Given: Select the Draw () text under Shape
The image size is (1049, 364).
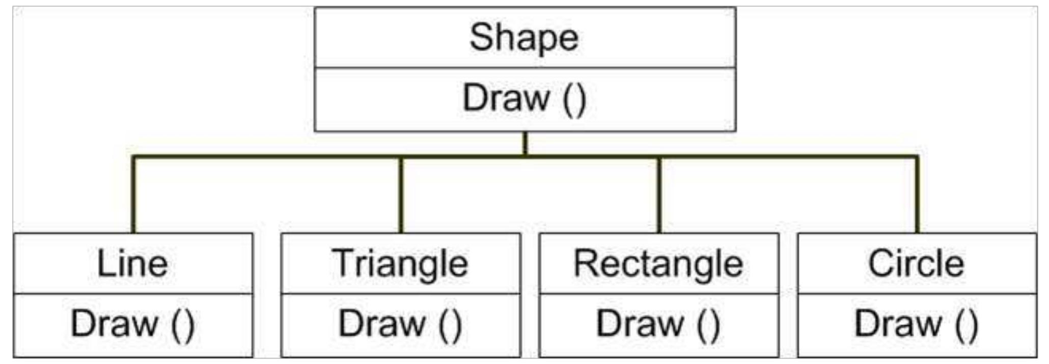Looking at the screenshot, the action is click(524, 99).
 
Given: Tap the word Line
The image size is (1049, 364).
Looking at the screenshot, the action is click(132, 263).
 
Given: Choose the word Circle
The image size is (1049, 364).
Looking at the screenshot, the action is click(916, 263).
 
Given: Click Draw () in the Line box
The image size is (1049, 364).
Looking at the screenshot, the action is click(133, 324).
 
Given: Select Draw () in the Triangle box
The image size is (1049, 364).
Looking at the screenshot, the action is click(400, 324).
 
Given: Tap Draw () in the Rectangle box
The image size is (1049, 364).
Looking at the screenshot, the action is click(658, 324).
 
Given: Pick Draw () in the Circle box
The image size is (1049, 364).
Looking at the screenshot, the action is click(917, 324).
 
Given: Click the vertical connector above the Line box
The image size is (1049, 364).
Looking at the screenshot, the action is click(133, 194).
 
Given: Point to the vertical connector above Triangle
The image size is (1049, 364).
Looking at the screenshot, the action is click(401, 194).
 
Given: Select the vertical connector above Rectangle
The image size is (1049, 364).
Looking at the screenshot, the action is click(659, 194).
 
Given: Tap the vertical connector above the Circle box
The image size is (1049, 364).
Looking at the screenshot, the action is click(917, 194).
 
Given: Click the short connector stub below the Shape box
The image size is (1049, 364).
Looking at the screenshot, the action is click(525, 144).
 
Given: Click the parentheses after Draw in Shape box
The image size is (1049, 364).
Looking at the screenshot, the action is click(575, 100).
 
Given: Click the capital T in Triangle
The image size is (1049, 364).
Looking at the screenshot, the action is click(344, 263).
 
